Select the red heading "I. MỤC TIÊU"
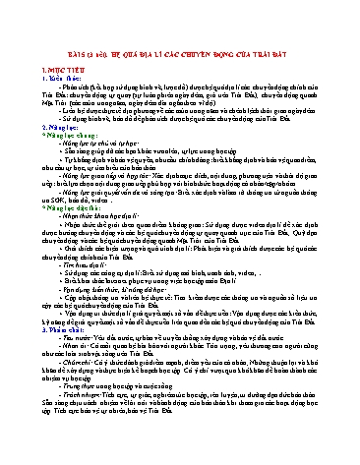[x=51, y=45]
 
